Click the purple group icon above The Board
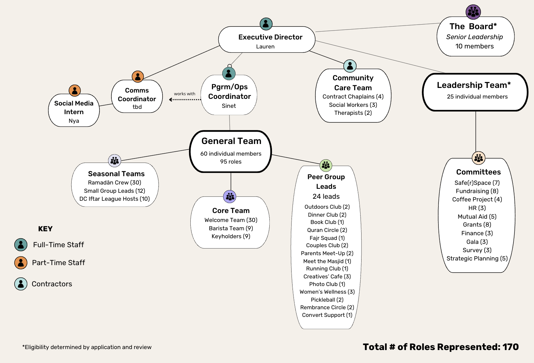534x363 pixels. [473, 12]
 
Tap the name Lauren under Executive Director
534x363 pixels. [265, 46]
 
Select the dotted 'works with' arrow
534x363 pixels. [185, 99]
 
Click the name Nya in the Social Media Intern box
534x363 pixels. [74, 121]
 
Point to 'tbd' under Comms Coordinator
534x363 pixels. [137, 107]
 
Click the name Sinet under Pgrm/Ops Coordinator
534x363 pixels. [229, 106]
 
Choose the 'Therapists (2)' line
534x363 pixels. [353, 113]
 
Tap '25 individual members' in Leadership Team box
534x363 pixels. [477, 97]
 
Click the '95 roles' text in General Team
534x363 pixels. [231, 162]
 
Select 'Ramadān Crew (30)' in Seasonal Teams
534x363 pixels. [114, 182]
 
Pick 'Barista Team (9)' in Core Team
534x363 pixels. [231, 228]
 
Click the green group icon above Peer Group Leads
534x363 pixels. [326, 165]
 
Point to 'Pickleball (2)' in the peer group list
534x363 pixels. [327, 300]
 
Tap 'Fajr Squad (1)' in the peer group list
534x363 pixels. [327, 238]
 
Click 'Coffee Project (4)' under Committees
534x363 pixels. [477, 199]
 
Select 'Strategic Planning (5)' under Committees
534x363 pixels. [477, 258]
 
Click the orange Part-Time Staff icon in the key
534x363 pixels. [21, 263]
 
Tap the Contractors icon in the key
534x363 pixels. [21, 284]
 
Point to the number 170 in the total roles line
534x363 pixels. [510, 347]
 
